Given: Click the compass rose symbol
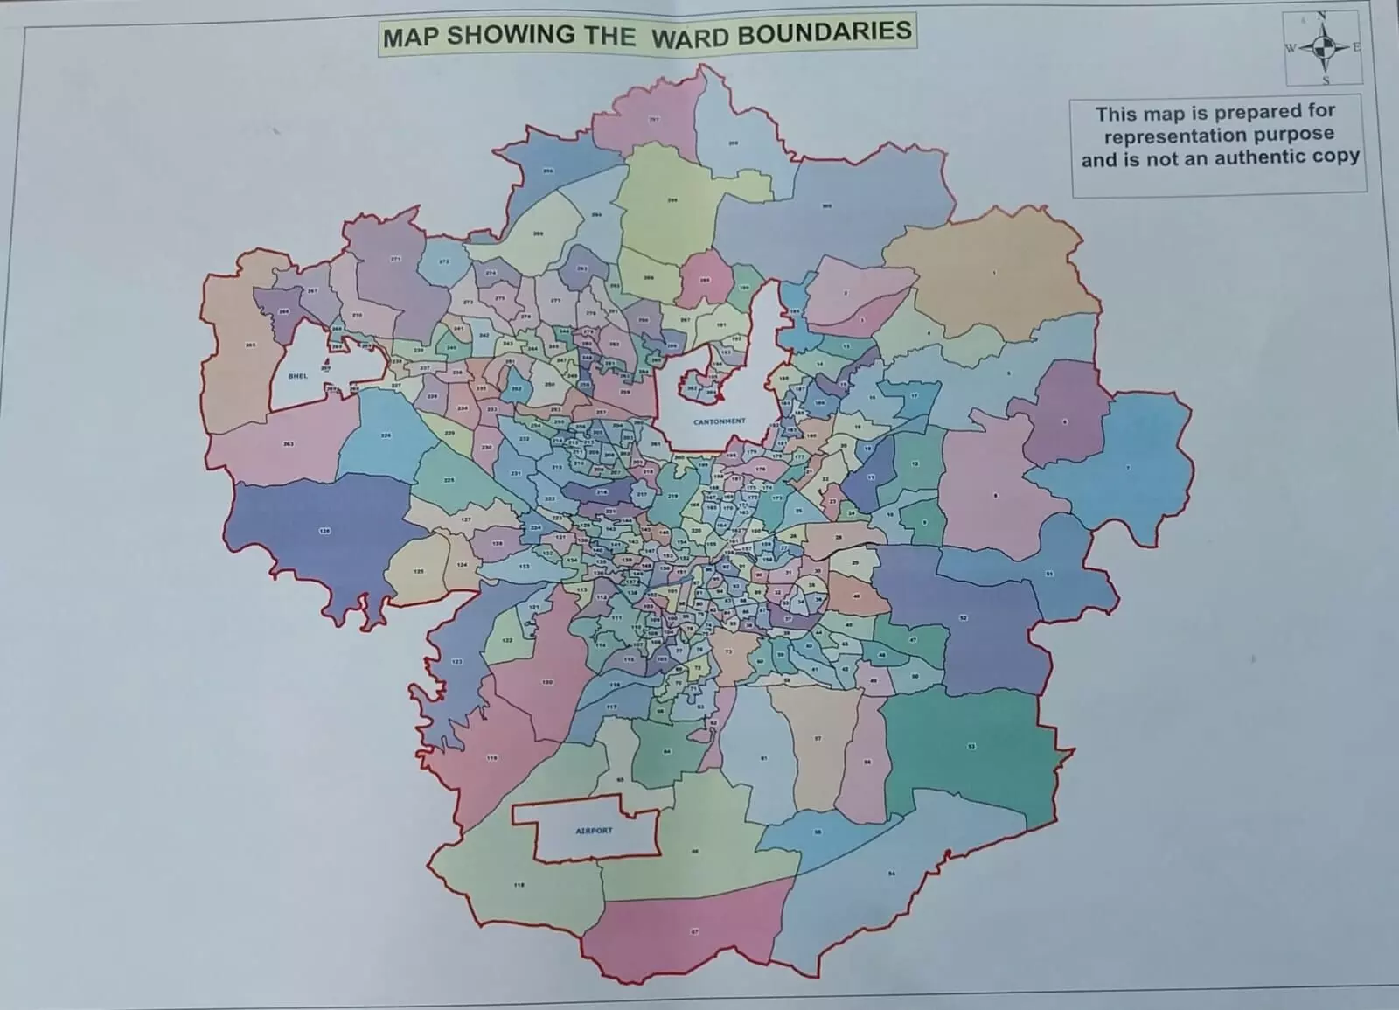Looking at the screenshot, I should tap(1324, 47).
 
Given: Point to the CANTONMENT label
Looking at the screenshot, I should tap(720, 421).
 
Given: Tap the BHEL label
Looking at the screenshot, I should tap(298, 376).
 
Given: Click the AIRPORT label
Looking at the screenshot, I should tap(594, 830).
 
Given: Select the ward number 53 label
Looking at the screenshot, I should tap(971, 746).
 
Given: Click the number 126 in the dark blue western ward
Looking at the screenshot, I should tap(324, 531).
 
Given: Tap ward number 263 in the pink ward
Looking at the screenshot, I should tap(289, 444).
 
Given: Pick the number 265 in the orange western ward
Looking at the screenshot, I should tap(250, 345).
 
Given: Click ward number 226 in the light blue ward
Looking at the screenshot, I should tap(386, 435).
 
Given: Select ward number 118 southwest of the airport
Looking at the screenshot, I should tap(519, 885).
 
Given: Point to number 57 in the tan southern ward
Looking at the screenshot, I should tap(818, 738).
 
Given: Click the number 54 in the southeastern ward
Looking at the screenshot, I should tap(892, 874).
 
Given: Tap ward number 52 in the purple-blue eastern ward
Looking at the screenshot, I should tap(964, 617).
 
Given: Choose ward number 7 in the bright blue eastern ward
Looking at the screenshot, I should tap(1128, 468).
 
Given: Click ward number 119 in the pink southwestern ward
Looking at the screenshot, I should tap(492, 757).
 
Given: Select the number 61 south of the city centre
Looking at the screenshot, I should tap(762, 757).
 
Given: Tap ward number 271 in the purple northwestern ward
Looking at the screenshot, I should tap(395, 259).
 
